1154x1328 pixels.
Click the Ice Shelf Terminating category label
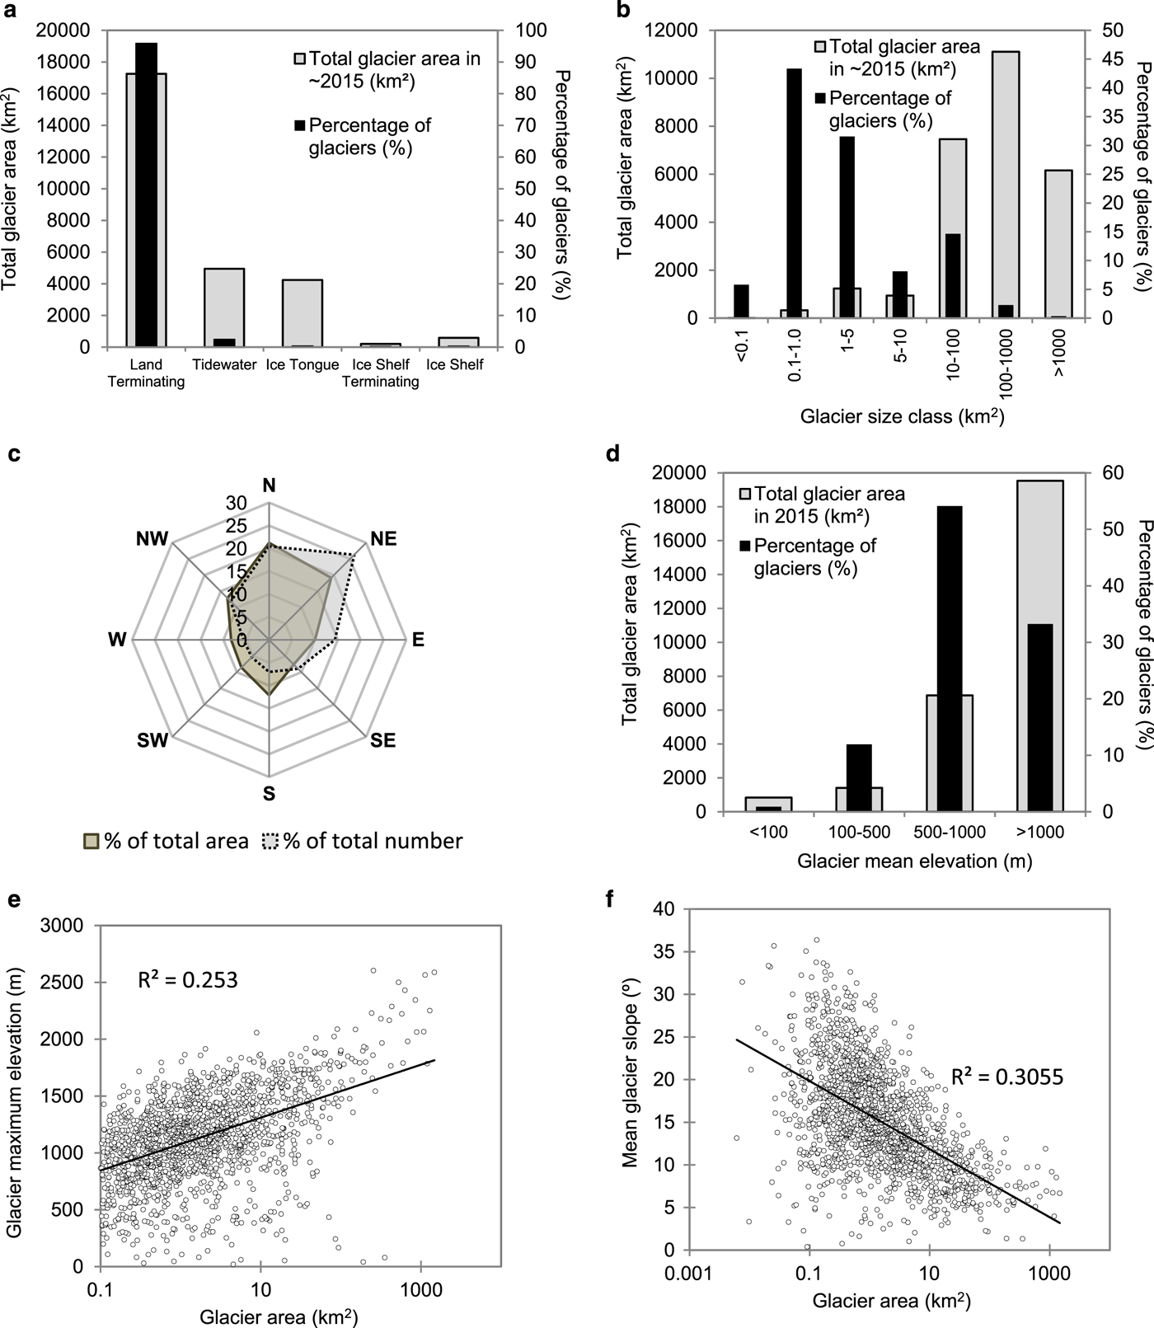click(380, 373)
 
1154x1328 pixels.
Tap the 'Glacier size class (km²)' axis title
click(902, 416)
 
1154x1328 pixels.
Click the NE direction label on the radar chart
click(383, 539)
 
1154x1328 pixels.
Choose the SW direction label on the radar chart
click(152, 740)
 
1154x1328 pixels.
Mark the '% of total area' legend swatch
click(91, 842)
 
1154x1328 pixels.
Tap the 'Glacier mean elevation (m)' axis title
click(914, 861)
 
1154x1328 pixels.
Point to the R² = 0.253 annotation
click(187, 979)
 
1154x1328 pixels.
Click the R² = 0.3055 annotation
click(1007, 1077)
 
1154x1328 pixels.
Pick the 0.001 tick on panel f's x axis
click(689, 1274)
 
